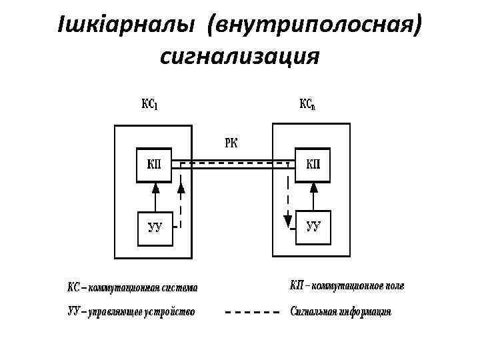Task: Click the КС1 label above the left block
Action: point(149,105)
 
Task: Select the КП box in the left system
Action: point(153,164)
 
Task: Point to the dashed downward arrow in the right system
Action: point(288,200)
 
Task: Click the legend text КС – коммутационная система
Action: point(132,288)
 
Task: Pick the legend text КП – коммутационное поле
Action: point(347,287)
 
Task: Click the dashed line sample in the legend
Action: point(250,312)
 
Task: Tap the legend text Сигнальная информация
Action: point(341,311)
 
